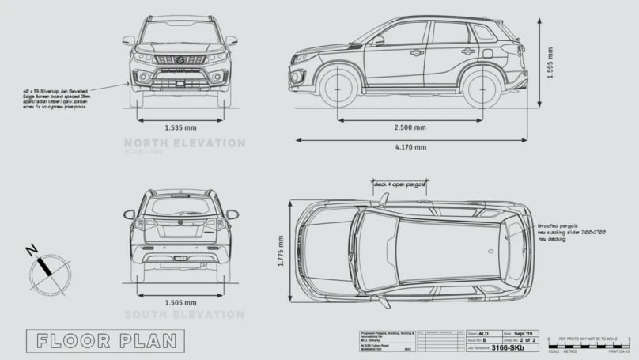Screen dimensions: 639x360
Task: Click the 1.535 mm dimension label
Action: (x=181, y=127)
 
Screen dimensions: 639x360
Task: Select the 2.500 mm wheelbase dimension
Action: (x=410, y=127)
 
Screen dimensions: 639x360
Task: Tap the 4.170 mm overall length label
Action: (x=410, y=146)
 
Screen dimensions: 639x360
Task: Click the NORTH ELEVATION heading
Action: (x=184, y=143)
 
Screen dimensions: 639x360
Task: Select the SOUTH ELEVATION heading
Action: (x=184, y=314)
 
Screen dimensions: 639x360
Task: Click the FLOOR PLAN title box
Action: (x=105, y=341)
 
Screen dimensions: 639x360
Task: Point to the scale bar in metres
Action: (x=585, y=346)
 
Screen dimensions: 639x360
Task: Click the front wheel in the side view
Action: (x=339, y=86)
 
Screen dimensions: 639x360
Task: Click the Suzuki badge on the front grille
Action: (x=180, y=58)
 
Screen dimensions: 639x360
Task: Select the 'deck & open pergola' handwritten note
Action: (x=400, y=184)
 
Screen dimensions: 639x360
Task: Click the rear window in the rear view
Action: (x=181, y=207)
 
